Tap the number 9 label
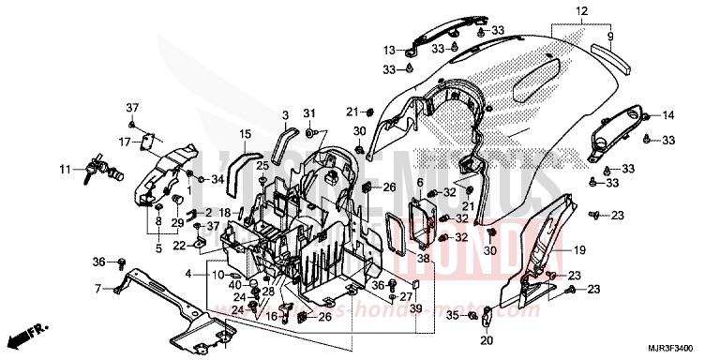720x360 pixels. [x=609, y=38]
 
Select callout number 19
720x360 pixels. [x=579, y=250]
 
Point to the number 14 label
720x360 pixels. [x=668, y=115]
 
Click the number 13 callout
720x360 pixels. [x=389, y=49]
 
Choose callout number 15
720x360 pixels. [x=245, y=134]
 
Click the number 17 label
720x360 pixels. [x=124, y=142]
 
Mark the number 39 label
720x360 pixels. [x=416, y=309]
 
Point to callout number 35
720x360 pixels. [x=452, y=317]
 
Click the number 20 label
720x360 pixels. [x=487, y=340]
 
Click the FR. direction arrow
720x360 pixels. [x=27, y=335]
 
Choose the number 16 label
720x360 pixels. [x=270, y=317]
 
